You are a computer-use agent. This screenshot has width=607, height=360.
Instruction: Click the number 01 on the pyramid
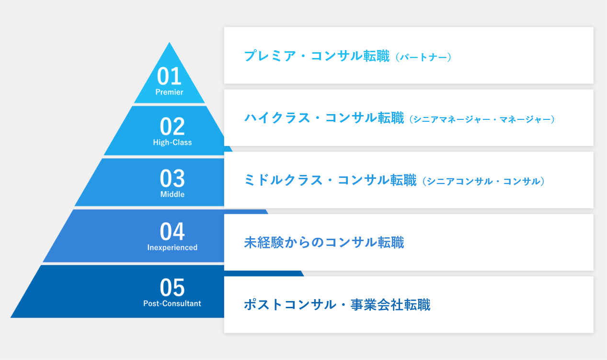[169, 76]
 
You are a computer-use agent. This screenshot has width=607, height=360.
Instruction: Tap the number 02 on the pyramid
[172, 127]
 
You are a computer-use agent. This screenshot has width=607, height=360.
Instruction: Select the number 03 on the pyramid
[172, 178]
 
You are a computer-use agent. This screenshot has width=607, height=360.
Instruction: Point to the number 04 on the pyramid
[172, 231]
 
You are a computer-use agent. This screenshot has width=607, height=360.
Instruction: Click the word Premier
[170, 92]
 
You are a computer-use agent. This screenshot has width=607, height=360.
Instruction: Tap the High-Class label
[172, 142]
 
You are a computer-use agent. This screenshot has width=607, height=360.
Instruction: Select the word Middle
[172, 194]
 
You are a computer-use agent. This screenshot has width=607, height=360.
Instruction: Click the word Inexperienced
[172, 247]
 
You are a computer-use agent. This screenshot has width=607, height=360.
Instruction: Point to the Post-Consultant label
[172, 303]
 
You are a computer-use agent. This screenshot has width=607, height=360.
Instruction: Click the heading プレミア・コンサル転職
[317, 56]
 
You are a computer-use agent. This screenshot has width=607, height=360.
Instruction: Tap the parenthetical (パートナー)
[424, 57]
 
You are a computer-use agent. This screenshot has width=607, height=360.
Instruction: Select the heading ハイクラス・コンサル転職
[324, 118]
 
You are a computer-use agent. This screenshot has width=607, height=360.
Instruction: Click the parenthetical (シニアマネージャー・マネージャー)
[482, 119]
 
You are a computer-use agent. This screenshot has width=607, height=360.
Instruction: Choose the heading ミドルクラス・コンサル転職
[330, 180]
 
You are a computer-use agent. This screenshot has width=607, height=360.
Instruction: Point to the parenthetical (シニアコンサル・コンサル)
[484, 181]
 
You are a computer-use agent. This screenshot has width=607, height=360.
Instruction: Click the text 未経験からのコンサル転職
[324, 243]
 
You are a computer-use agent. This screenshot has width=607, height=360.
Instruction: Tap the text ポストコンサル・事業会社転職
[337, 304]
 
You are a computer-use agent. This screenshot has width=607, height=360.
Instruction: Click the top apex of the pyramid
[170, 42]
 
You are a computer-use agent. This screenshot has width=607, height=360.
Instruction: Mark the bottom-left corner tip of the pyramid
[11, 317]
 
